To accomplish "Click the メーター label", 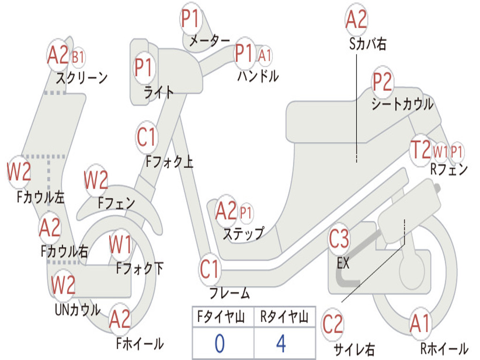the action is click(210, 41).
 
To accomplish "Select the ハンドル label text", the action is click(258, 76).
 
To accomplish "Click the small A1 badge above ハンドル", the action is click(264, 56).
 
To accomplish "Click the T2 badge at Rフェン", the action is click(420, 150).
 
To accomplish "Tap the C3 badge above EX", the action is click(338, 239).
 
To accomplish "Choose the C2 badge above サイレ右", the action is click(332, 324).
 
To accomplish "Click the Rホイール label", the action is click(444, 348).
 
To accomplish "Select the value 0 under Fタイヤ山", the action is click(220, 344).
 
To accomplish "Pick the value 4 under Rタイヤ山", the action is click(281, 344).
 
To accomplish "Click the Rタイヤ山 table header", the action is click(284, 316).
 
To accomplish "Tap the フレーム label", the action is click(230, 293).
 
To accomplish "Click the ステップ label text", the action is click(244, 234).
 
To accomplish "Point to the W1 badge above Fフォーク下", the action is click(120, 245).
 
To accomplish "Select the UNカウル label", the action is click(78, 310).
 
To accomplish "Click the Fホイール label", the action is click(140, 344).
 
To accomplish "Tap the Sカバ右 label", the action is click(367, 44).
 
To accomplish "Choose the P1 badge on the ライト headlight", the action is click(143, 67).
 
